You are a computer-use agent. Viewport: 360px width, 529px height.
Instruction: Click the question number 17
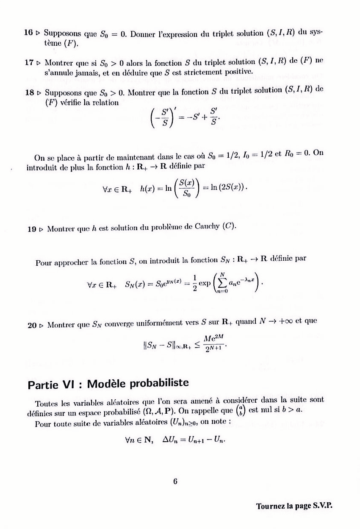click(x=29, y=61)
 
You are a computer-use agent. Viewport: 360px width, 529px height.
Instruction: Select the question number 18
click(x=29, y=92)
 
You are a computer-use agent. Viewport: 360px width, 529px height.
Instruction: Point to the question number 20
click(x=32, y=326)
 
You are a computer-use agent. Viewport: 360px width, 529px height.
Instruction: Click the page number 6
click(x=174, y=481)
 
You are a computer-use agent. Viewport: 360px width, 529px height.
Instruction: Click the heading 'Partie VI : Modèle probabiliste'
click(x=108, y=384)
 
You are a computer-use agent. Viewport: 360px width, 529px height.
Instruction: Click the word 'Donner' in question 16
click(x=142, y=32)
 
